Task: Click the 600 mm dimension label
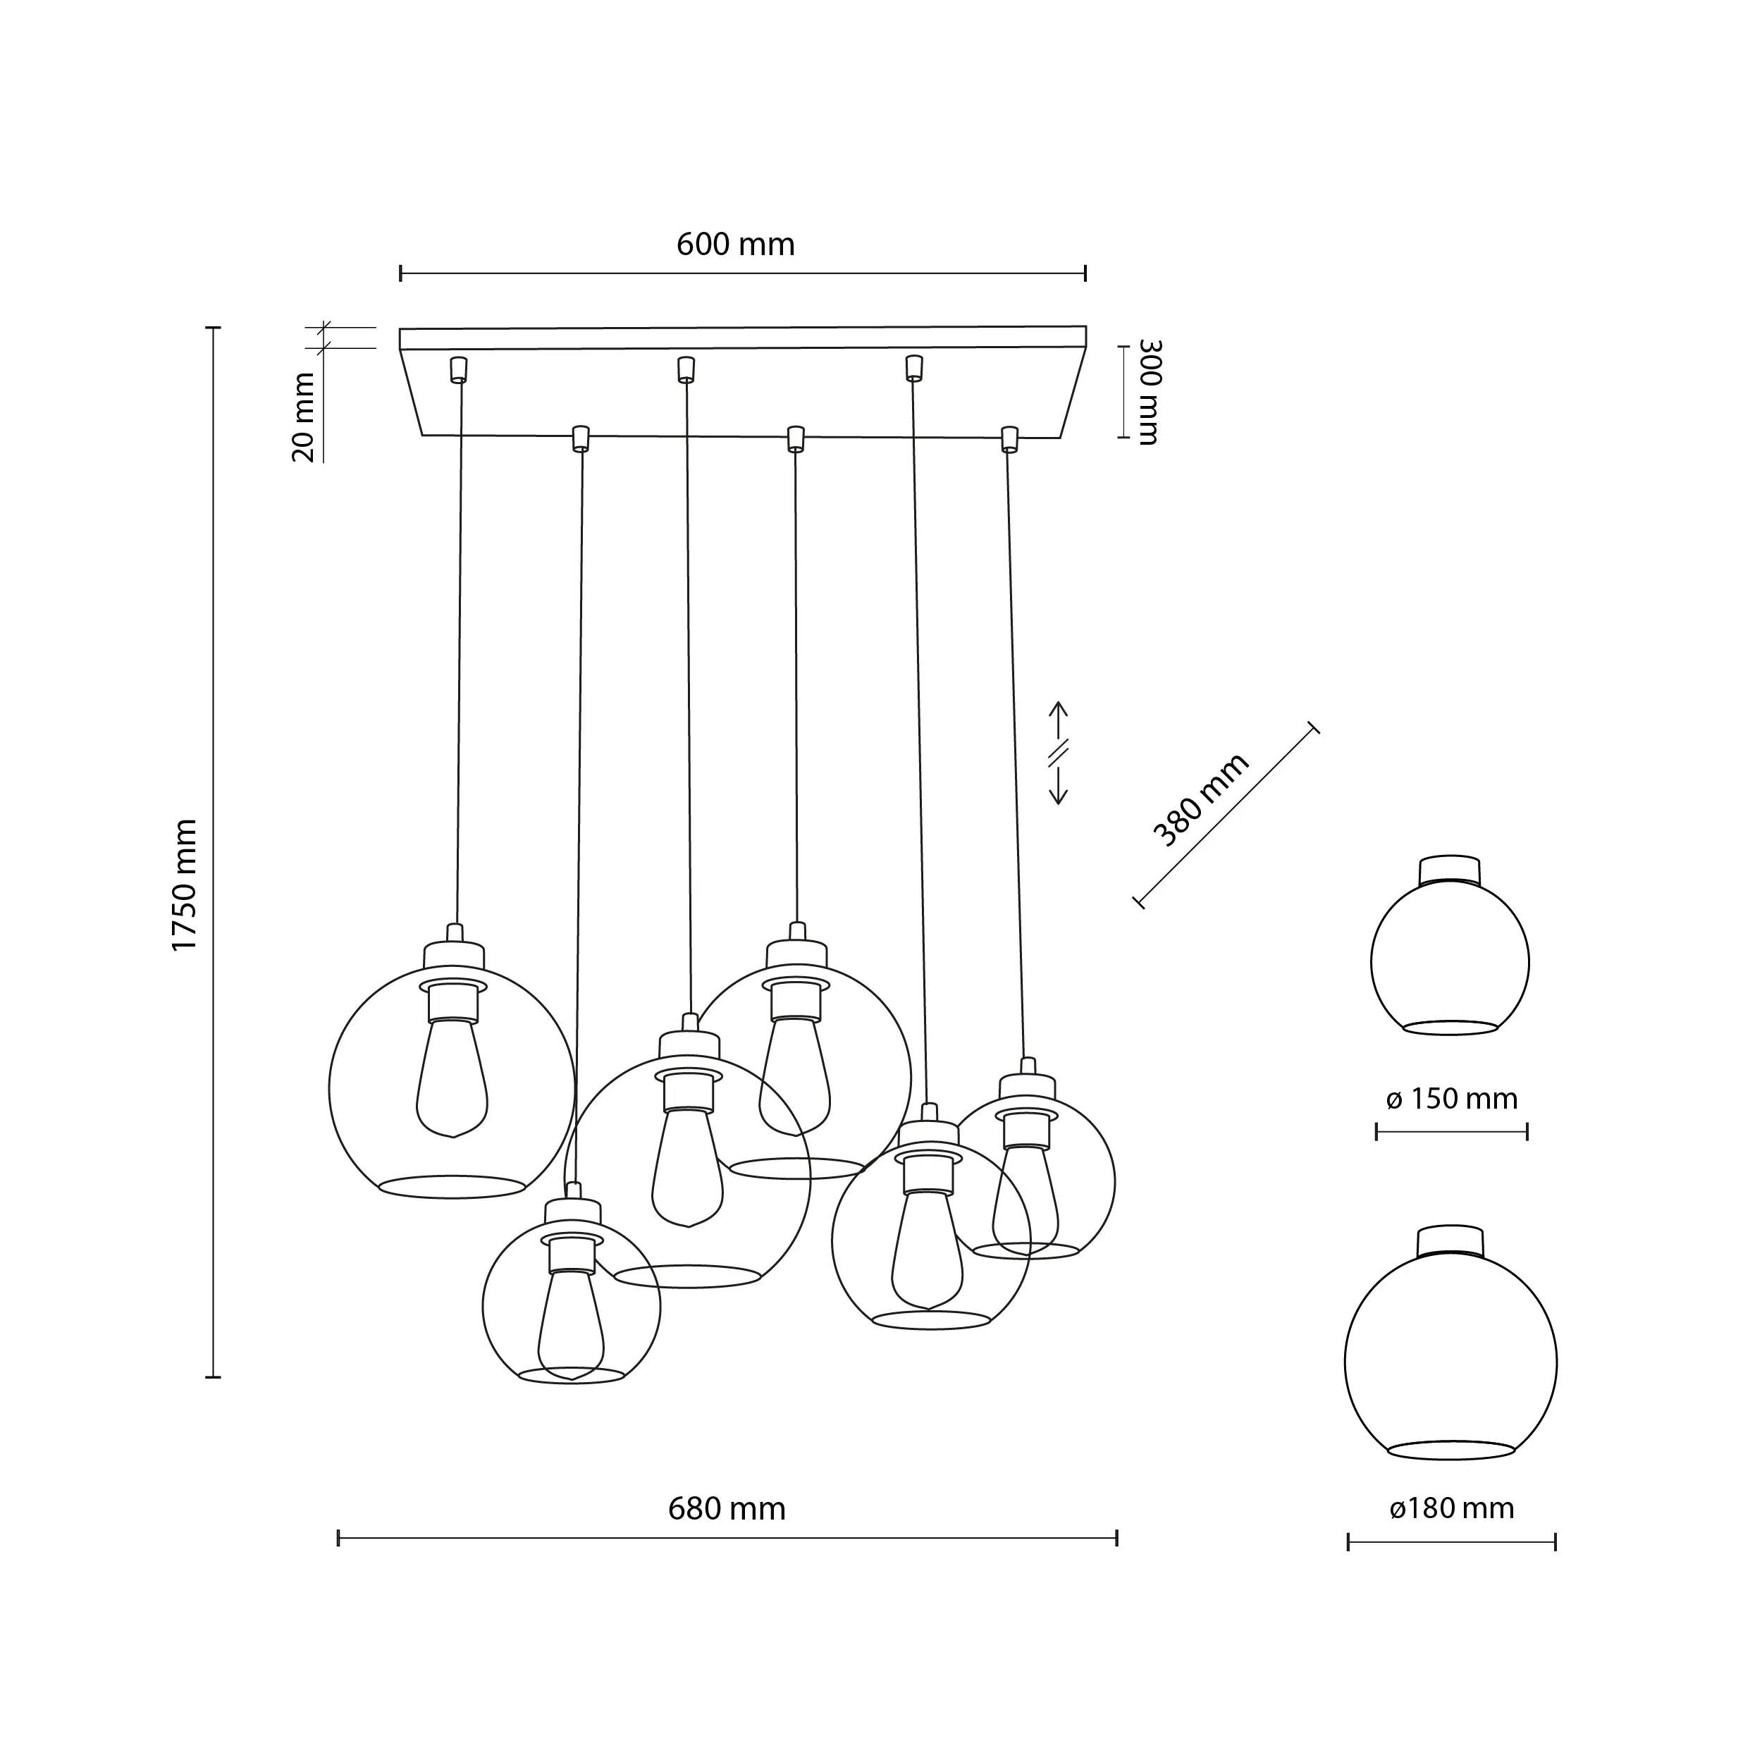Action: coord(735,245)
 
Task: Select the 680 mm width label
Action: coord(726,1508)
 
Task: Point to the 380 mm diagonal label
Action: coord(1200,800)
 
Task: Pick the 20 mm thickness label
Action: coord(304,417)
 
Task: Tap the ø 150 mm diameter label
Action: coord(1451,1098)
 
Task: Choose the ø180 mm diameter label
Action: coord(1451,1508)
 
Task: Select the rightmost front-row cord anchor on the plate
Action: coord(1009,438)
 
